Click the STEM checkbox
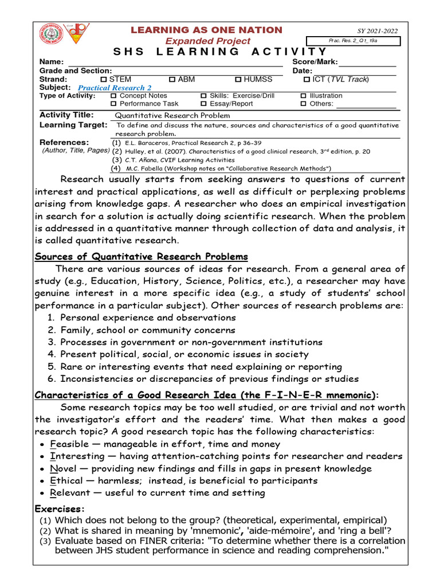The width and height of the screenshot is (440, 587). (104, 79)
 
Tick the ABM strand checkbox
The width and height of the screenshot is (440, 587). (172, 79)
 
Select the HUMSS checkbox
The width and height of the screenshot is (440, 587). (238, 79)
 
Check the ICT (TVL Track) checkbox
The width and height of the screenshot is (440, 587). (307, 79)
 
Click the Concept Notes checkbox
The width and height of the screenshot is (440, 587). (113, 96)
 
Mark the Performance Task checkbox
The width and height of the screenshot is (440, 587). (113, 104)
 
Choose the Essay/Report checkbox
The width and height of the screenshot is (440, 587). (203, 104)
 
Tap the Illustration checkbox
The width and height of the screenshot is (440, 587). (304, 96)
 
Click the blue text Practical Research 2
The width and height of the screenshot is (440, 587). (115, 88)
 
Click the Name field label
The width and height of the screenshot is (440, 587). (50, 62)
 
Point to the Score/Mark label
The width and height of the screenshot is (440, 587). (315, 62)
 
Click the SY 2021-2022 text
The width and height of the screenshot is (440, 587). (377, 32)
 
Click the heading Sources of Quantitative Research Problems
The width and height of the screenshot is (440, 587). (142, 256)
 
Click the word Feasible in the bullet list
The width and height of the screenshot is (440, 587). (69, 444)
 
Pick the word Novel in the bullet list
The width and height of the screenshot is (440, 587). (63, 468)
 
